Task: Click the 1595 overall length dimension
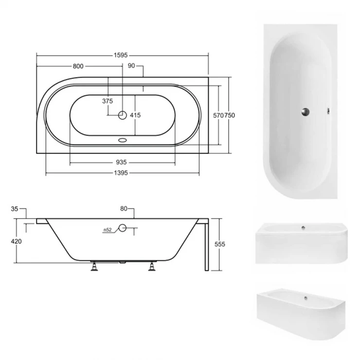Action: click(x=121, y=55)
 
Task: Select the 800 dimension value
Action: click(x=78, y=66)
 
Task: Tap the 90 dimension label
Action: click(x=131, y=66)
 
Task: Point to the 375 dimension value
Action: click(x=108, y=101)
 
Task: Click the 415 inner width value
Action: click(x=135, y=115)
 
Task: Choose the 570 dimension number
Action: click(x=218, y=115)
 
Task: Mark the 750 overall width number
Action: click(x=230, y=115)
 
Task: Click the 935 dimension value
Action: click(x=121, y=162)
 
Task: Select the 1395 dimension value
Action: click(x=121, y=173)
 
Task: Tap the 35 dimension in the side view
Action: click(x=15, y=209)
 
